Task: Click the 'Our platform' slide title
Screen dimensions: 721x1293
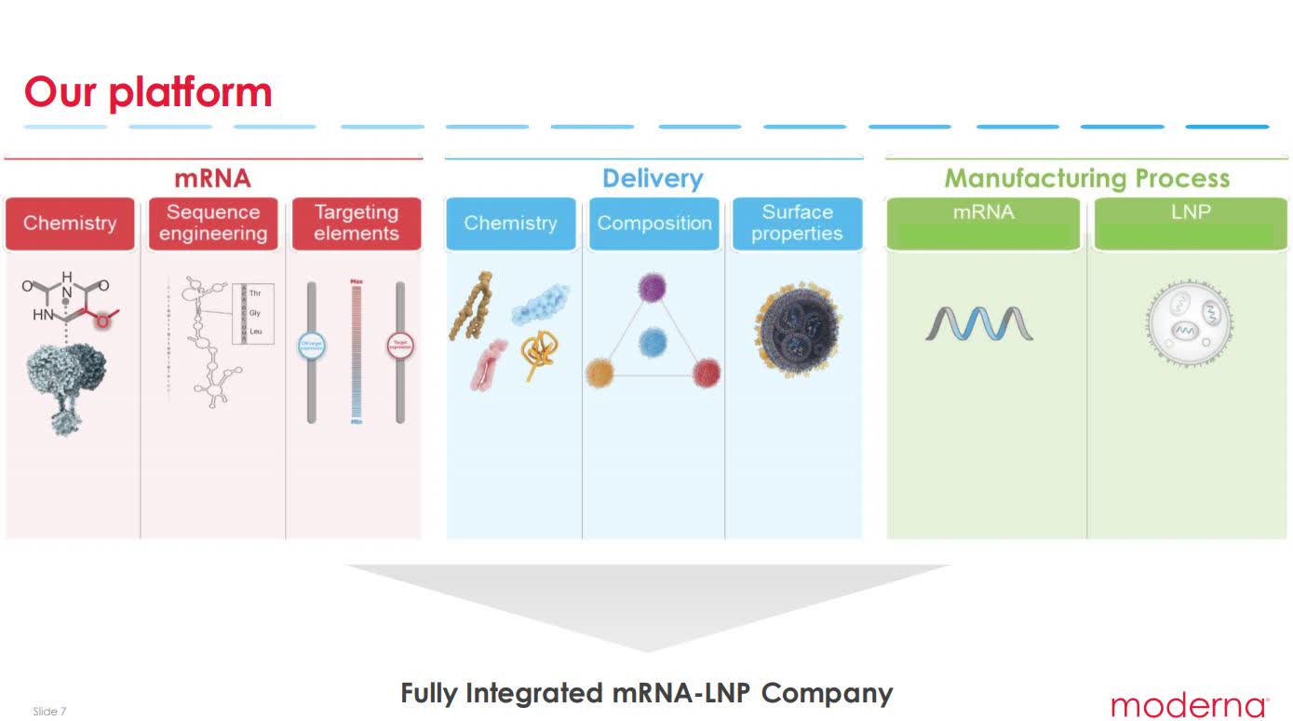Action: [148, 92]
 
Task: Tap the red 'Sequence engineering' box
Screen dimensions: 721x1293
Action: [213, 224]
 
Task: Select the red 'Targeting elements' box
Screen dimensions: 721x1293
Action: [356, 224]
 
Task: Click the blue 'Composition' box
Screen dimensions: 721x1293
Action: [653, 224]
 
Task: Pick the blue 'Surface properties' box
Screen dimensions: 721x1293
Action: [797, 224]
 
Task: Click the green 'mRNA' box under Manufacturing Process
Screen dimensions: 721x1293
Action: [983, 224]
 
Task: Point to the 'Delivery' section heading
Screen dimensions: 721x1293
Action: [653, 178]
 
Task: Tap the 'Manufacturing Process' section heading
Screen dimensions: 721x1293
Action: [1086, 178]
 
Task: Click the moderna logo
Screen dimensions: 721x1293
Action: [1189, 705]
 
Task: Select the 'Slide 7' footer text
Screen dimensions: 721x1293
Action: [49, 712]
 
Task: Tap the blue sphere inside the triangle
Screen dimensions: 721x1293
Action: [653, 342]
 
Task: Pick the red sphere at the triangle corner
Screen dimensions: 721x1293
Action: [707, 374]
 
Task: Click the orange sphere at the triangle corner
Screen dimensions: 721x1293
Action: [599, 374]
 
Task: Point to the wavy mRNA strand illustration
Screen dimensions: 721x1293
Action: [979, 323]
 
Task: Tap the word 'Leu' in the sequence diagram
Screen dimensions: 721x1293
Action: [255, 332]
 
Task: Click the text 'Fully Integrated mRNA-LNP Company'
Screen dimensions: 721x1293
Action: [646, 693]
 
